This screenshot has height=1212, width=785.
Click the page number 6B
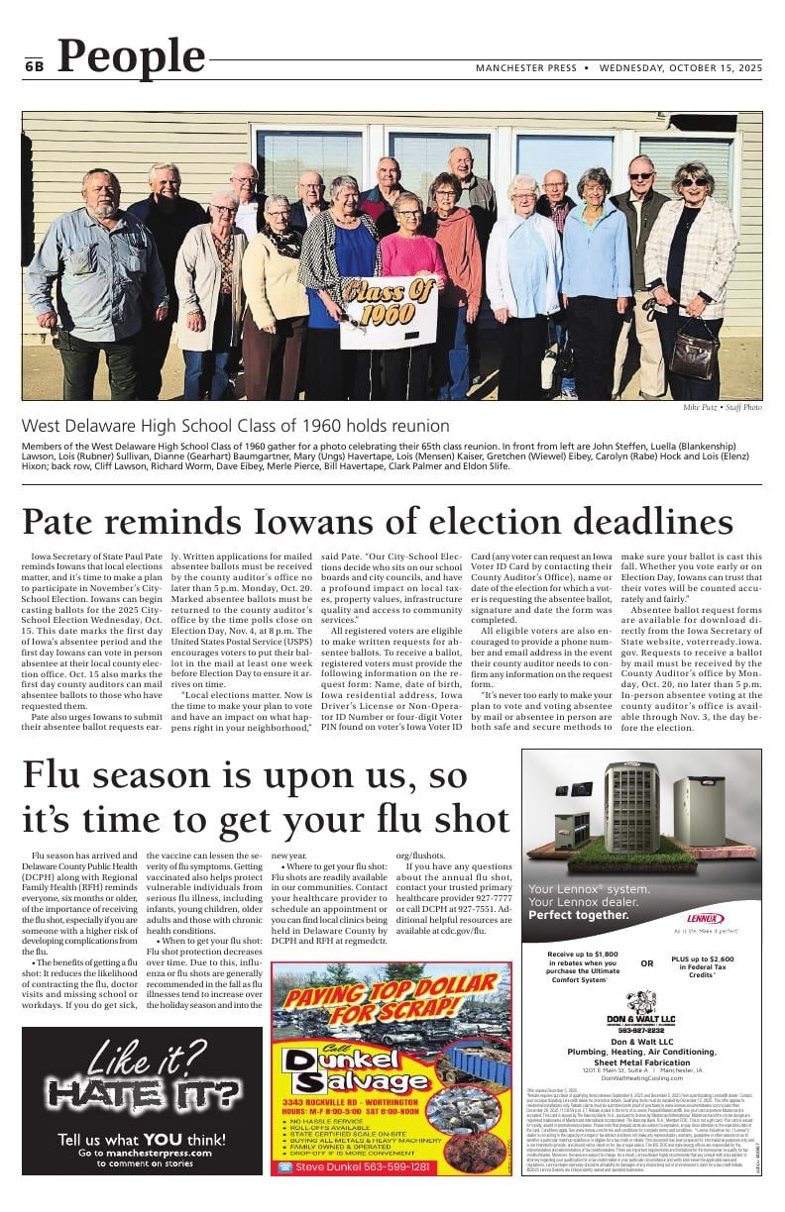tap(35, 66)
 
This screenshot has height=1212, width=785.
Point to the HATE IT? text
tap(142, 1093)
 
